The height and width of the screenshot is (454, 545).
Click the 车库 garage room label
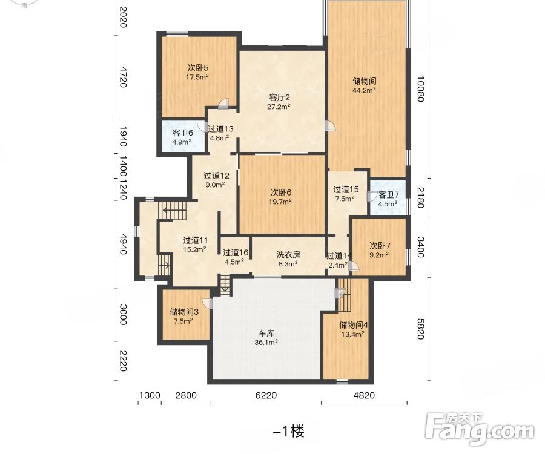point(266,334)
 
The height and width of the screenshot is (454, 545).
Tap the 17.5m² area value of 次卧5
point(197,77)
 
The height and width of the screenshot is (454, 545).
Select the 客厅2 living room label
point(279,97)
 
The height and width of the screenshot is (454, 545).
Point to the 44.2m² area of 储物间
point(364,90)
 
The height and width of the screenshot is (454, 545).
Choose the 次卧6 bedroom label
point(281,192)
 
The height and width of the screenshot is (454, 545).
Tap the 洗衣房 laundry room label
point(288,255)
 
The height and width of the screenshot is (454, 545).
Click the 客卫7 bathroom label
point(388,194)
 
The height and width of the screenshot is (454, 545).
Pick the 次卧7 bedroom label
point(380,246)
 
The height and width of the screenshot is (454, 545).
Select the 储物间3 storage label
point(184,312)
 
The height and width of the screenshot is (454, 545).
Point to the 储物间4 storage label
point(354,325)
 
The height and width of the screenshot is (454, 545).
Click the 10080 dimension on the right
point(420,89)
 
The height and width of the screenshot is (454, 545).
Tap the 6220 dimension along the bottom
point(266,395)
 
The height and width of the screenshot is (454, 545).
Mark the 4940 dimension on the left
point(123,244)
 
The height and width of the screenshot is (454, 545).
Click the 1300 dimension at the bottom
point(150,395)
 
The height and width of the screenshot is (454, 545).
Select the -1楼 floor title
point(288,432)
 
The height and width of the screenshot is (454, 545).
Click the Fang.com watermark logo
point(480,429)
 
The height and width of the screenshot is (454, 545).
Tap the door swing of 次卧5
point(224,103)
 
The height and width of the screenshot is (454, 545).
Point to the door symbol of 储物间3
point(207,303)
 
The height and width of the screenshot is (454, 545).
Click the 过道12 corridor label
point(216,176)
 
